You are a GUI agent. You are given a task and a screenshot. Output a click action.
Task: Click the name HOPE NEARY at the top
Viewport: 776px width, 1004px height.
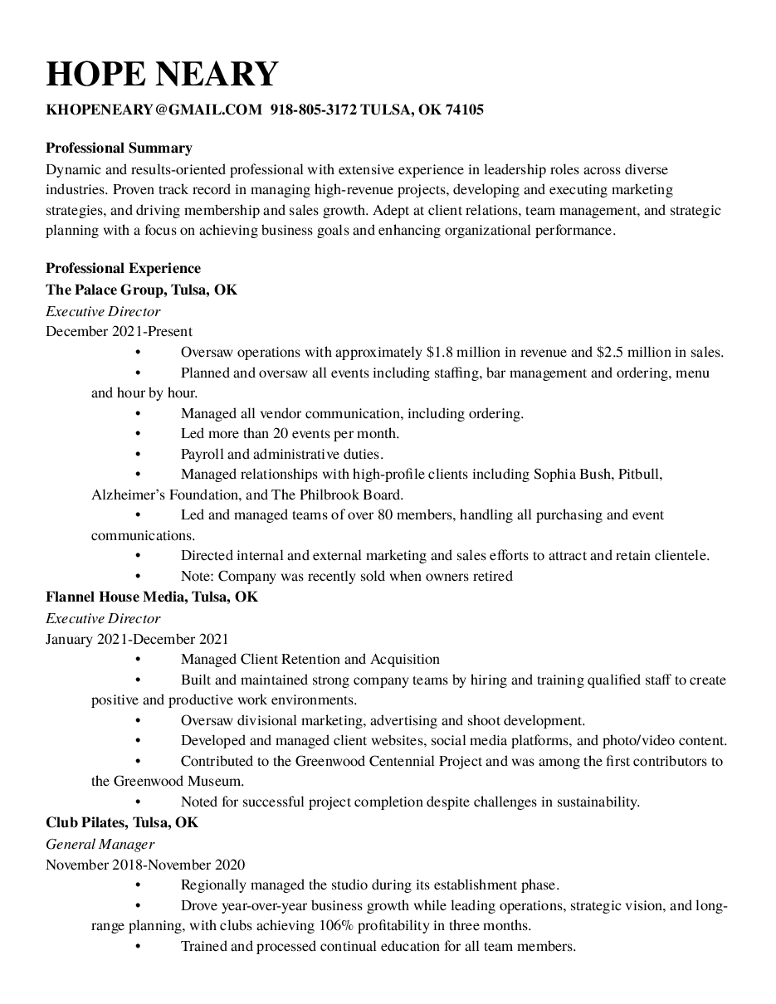pos(162,74)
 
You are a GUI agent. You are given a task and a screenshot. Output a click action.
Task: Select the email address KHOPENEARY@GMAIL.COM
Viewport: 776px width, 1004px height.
pos(154,110)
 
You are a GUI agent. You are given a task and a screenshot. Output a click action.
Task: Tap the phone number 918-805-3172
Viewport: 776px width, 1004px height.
pos(314,110)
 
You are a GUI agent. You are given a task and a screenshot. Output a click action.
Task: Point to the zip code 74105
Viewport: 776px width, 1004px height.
pos(465,110)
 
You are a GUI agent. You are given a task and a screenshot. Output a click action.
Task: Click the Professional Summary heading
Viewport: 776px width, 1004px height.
pos(119,148)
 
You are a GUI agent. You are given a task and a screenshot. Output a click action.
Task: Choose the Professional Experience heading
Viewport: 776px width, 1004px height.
pos(123,268)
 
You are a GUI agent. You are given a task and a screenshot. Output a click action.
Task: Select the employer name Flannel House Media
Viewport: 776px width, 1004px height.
pos(117,597)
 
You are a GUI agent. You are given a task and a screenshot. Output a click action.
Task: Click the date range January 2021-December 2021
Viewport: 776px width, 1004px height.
pos(137,639)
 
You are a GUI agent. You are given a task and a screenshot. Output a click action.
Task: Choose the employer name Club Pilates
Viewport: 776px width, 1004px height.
pos(85,822)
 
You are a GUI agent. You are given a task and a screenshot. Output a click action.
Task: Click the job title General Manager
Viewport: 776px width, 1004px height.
pos(100,844)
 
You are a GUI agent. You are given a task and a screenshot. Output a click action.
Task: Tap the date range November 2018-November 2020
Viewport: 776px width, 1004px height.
pos(145,865)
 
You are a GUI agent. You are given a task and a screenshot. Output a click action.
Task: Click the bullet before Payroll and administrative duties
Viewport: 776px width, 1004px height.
pos(137,455)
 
